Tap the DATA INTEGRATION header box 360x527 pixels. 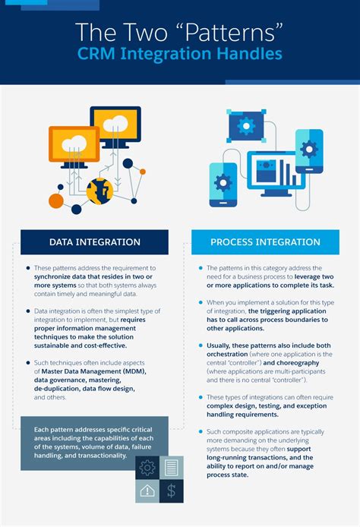click(94, 242)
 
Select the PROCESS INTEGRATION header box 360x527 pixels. click(265, 242)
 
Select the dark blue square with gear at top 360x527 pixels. click(245, 125)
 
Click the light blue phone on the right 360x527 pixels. click(309, 148)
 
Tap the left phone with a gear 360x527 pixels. click(223, 182)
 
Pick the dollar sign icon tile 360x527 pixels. click(172, 491)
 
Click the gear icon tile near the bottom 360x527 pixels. click(147, 466)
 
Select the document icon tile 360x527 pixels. click(172, 466)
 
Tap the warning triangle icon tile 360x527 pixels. click(147, 491)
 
